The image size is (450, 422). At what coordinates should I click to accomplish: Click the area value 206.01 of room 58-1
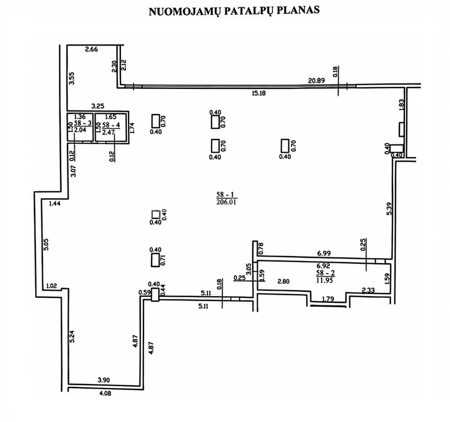pos(227,202)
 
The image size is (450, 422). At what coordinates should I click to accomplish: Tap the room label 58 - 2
pos(325,273)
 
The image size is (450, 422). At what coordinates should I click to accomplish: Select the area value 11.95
pos(325,280)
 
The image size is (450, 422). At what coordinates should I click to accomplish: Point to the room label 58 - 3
pos(82,123)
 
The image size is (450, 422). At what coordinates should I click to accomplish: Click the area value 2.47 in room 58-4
pos(108,132)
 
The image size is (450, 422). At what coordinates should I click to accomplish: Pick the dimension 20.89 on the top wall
pos(316,81)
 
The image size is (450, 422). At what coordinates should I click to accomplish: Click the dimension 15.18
pos(258,93)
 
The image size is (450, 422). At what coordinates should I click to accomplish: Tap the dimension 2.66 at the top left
pos(92,49)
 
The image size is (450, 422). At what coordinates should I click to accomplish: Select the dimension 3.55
pos(72,78)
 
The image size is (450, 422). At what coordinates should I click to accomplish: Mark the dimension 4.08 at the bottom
pos(104,393)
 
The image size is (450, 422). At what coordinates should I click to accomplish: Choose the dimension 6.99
pos(324,253)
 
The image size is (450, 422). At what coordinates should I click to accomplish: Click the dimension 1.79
pos(328,299)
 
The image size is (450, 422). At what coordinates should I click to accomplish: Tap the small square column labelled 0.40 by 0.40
pos(155,214)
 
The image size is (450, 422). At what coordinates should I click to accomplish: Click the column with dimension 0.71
pos(155,260)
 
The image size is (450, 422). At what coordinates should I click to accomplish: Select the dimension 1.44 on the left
pos(55,203)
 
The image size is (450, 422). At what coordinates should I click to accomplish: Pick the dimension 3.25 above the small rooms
pos(98,106)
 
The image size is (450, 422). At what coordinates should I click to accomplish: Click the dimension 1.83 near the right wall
pos(402,105)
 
